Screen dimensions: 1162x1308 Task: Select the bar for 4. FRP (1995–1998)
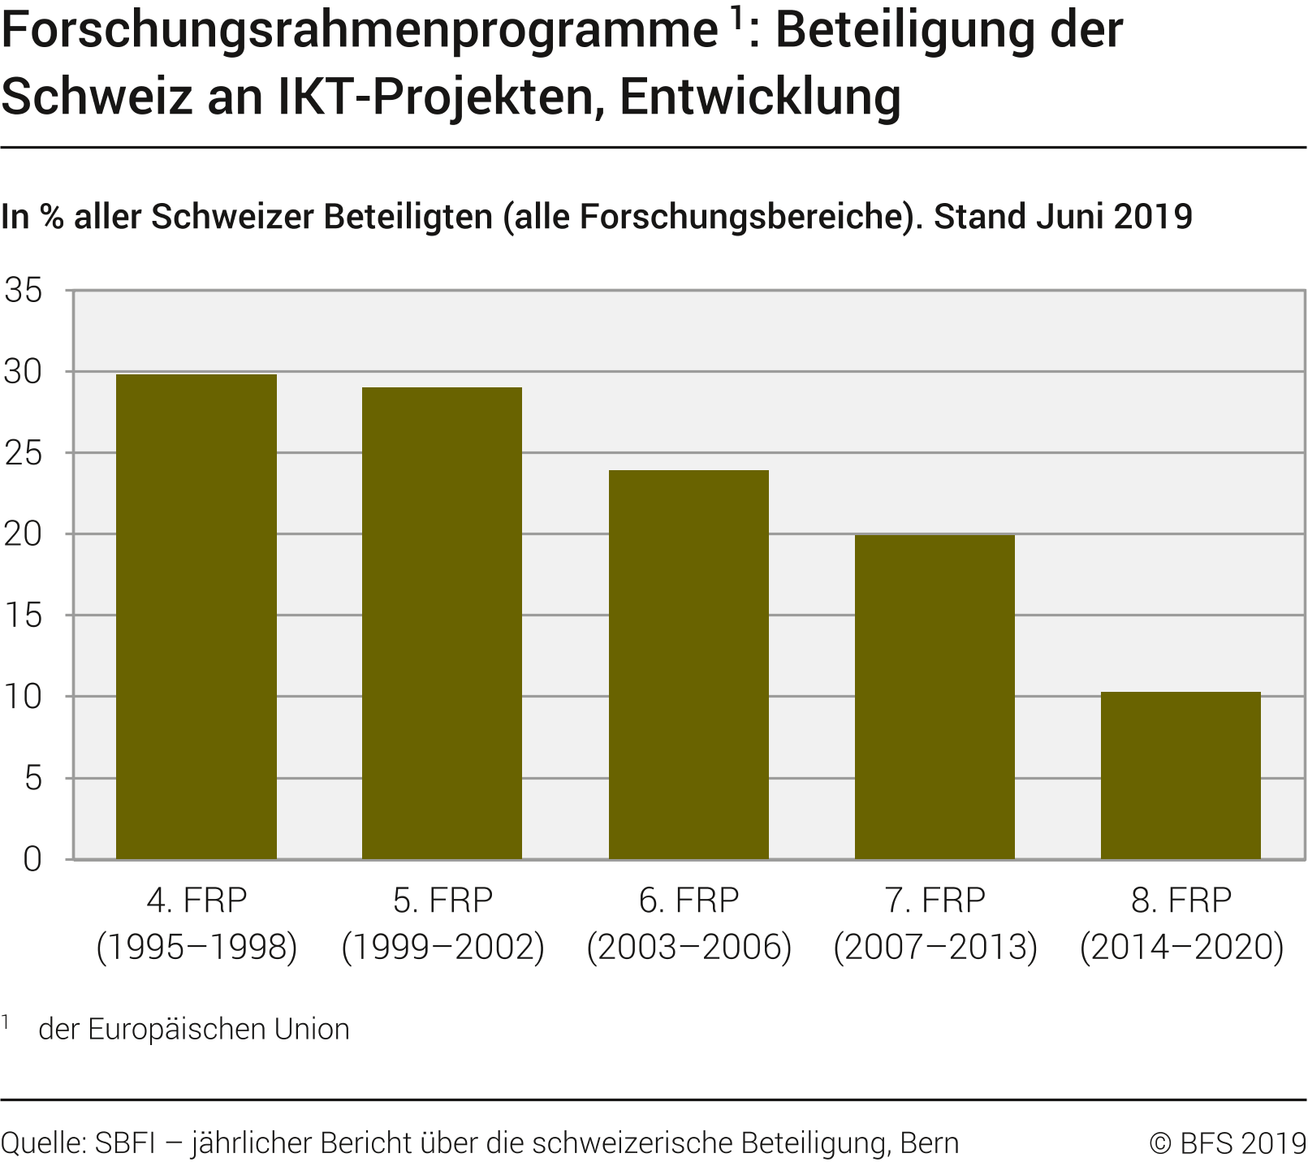196,616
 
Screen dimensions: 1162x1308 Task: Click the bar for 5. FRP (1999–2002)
442,623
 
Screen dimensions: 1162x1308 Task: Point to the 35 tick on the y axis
24,291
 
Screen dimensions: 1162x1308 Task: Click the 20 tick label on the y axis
24,534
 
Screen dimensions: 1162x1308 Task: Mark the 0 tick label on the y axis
32,859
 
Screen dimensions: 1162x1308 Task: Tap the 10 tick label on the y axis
24,697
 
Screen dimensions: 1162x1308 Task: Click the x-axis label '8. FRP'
1181,900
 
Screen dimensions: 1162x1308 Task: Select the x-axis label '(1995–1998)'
196,947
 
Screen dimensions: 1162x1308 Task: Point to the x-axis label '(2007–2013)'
935,947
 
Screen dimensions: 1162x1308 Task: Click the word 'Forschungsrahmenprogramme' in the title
360,31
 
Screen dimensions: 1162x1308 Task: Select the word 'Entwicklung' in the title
760,97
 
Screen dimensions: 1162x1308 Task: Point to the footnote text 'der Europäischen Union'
194,1029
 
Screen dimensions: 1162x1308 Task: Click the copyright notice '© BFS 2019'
1227,1143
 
